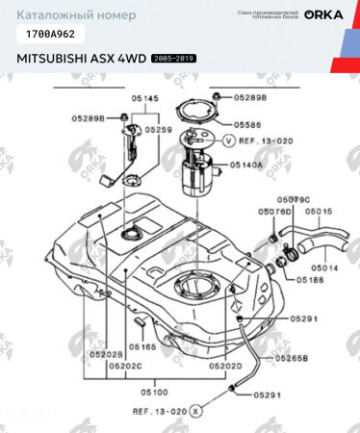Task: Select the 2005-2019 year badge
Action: click(173, 59)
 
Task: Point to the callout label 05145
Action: click(144, 98)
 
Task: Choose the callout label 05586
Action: click(246, 124)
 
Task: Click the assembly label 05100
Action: click(156, 392)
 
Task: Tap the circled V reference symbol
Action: click(228, 140)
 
